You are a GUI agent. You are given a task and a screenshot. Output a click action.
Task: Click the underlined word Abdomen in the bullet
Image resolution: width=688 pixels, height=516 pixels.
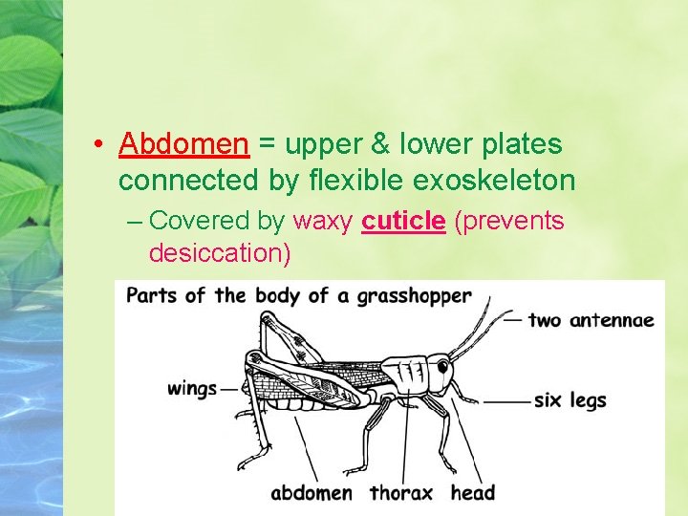point(183,145)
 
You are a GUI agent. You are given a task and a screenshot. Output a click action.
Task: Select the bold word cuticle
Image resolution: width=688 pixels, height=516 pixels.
point(403,221)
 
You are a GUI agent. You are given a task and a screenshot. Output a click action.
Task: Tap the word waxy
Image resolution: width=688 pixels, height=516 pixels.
point(324,222)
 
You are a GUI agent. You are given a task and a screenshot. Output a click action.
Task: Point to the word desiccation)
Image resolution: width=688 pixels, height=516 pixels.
point(219,253)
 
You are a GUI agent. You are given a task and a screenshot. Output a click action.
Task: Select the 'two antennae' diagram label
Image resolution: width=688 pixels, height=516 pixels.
point(591,319)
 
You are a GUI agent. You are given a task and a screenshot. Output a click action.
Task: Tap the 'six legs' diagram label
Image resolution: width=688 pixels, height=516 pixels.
point(570,399)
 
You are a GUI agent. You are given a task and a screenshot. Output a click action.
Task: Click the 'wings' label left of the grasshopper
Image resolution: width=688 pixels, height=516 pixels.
point(191,388)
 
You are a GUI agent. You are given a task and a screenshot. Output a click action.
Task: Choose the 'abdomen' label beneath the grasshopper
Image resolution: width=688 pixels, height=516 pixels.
point(312,493)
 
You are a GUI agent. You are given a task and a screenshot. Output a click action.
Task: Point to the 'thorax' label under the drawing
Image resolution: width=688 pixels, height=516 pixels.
point(400,493)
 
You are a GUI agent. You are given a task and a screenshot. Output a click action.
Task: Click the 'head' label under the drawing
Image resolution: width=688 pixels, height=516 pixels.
point(472,493)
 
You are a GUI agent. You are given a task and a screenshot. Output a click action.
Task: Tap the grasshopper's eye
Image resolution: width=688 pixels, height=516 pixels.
point(442,365)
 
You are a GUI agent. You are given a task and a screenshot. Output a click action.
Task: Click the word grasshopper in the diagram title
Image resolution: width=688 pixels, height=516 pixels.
point(414,295)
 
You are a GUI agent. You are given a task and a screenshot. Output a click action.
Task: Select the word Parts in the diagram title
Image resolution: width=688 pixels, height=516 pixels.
point(151,295)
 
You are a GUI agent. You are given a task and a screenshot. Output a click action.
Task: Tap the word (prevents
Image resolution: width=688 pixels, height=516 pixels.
point(508,222)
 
